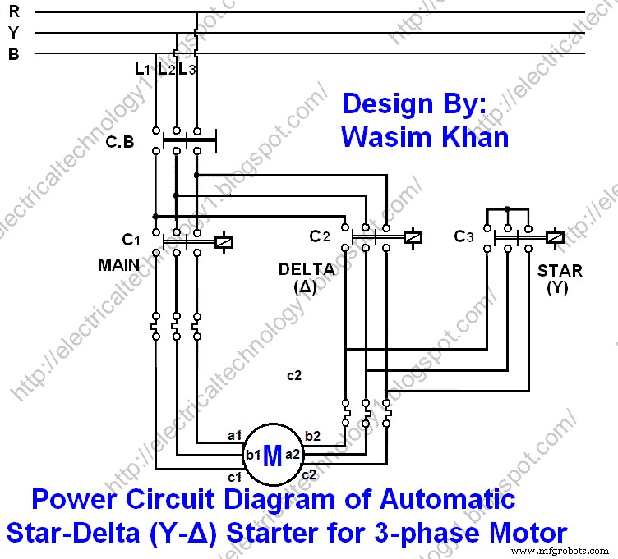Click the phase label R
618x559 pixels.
coord(14,12)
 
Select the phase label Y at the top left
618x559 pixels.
coord(14,33)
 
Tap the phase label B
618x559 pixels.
coord(14,53)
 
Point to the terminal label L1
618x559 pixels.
coord(142,70)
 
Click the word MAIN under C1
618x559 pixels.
coord(118,265)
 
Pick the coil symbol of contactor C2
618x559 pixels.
coord(413,238)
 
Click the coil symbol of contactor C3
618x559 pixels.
coord(555,237)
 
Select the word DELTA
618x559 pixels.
coord(306,269)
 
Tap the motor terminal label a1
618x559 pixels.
coord(234,435)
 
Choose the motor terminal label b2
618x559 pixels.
coord(313,435)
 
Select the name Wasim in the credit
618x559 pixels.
coord(385,136)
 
